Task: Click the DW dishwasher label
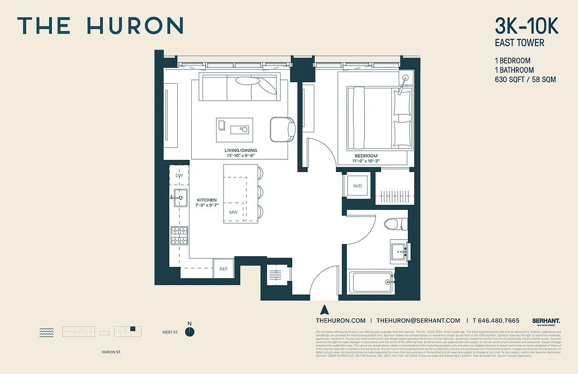point(179,175)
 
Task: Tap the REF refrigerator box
point(224,269)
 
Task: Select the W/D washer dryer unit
point(357,186)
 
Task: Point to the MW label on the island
point(233,213)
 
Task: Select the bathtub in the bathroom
point(372,282)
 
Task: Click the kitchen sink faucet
point(177,198)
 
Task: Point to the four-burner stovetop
point(179,235)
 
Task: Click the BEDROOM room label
point(366,156)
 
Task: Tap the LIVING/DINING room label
point(240,151)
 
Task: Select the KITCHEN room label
point(207,200)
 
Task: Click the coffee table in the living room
point(234,129)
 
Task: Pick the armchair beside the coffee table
point(282,129)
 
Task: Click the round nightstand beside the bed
point(405,78)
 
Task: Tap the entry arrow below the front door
point(323,309)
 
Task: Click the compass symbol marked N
point(189,331)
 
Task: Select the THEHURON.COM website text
point(340,320)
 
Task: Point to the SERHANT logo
point(546,321)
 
